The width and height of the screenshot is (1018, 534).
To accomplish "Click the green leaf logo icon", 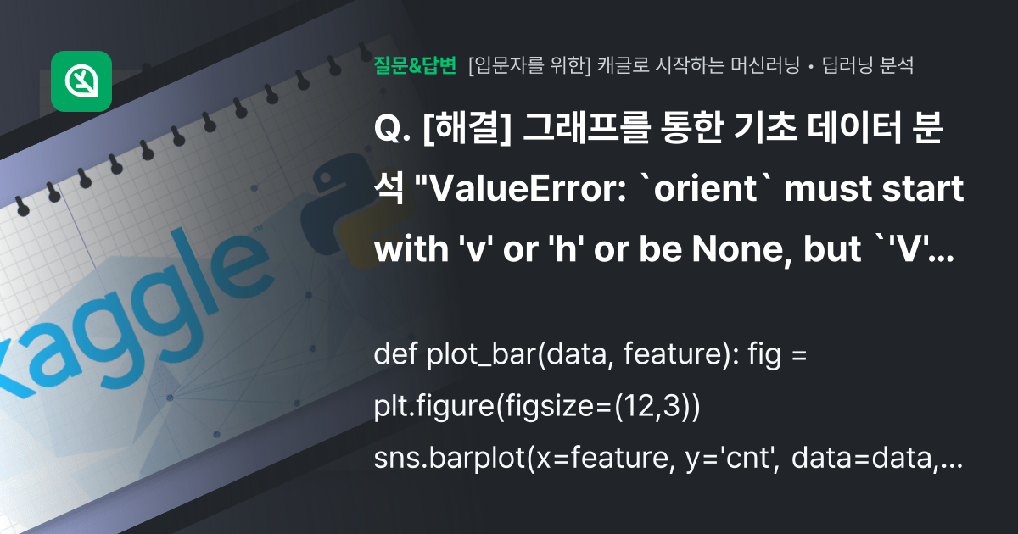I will tap(81, 81).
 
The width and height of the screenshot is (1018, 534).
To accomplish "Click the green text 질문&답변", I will tap(415, 65).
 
